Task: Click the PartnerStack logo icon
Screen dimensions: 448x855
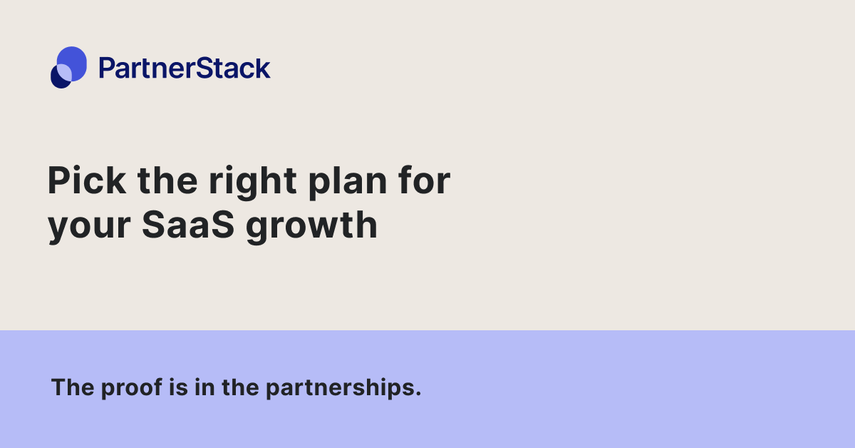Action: [x=68, y=67]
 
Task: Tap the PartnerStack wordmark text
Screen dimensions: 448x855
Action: [x=185, y=68]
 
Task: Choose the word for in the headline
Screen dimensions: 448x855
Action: [x=424, y=181]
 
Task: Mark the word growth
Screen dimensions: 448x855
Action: [x=311, y=225]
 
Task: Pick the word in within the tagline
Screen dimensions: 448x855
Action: [x=199, y=388]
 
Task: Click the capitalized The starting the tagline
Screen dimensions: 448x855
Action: [x=69, y=388]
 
